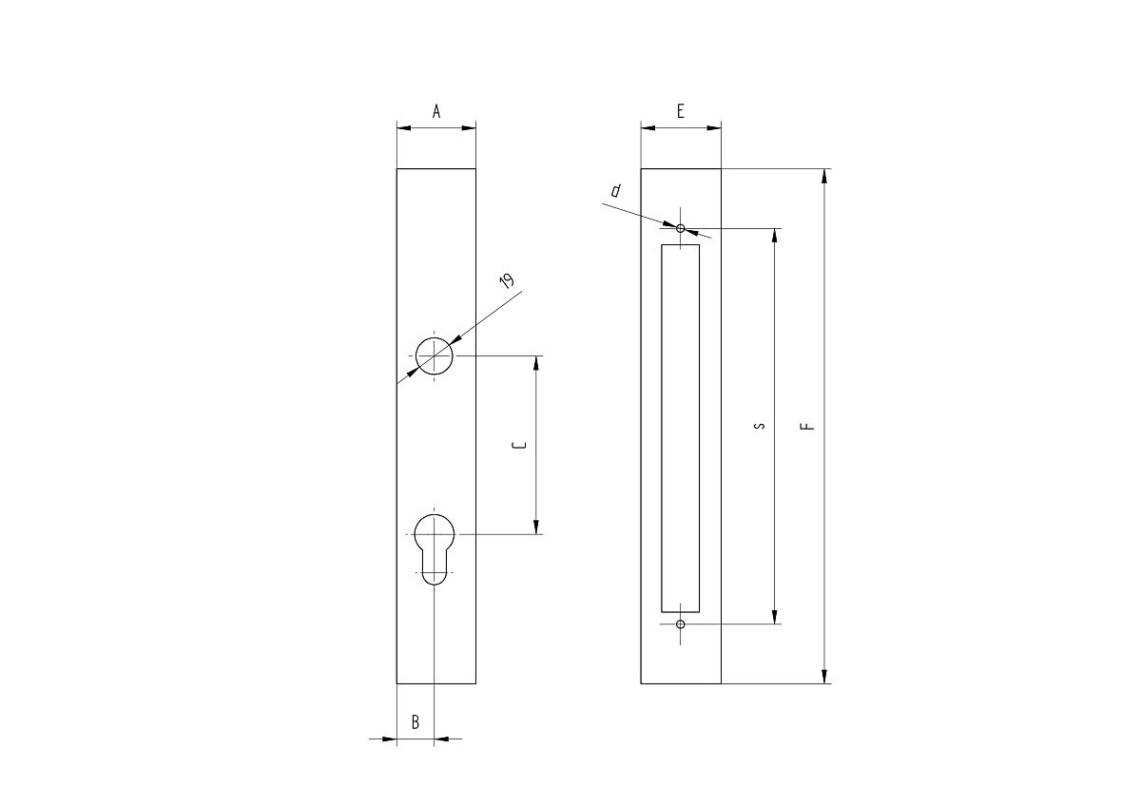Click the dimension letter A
click(436, 111)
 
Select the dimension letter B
click(416, 722)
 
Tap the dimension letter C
click(519, 446)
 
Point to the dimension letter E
click(681, 111)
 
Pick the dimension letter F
click(807, 426)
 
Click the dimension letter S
click(759, 426)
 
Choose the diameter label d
click(616, 190)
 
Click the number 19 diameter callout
click(507, 280)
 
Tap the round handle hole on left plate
click(434, 355)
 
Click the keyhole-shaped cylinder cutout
click(434, 548)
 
